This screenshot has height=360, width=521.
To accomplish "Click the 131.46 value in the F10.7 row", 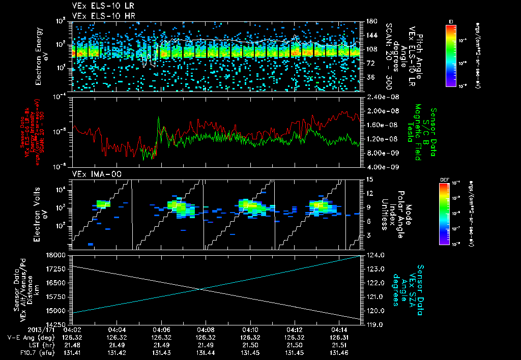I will coord(339,352).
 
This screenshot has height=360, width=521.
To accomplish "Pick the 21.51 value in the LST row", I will coord(339,345).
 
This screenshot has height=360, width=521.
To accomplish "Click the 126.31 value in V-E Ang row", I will coord(339,337).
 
